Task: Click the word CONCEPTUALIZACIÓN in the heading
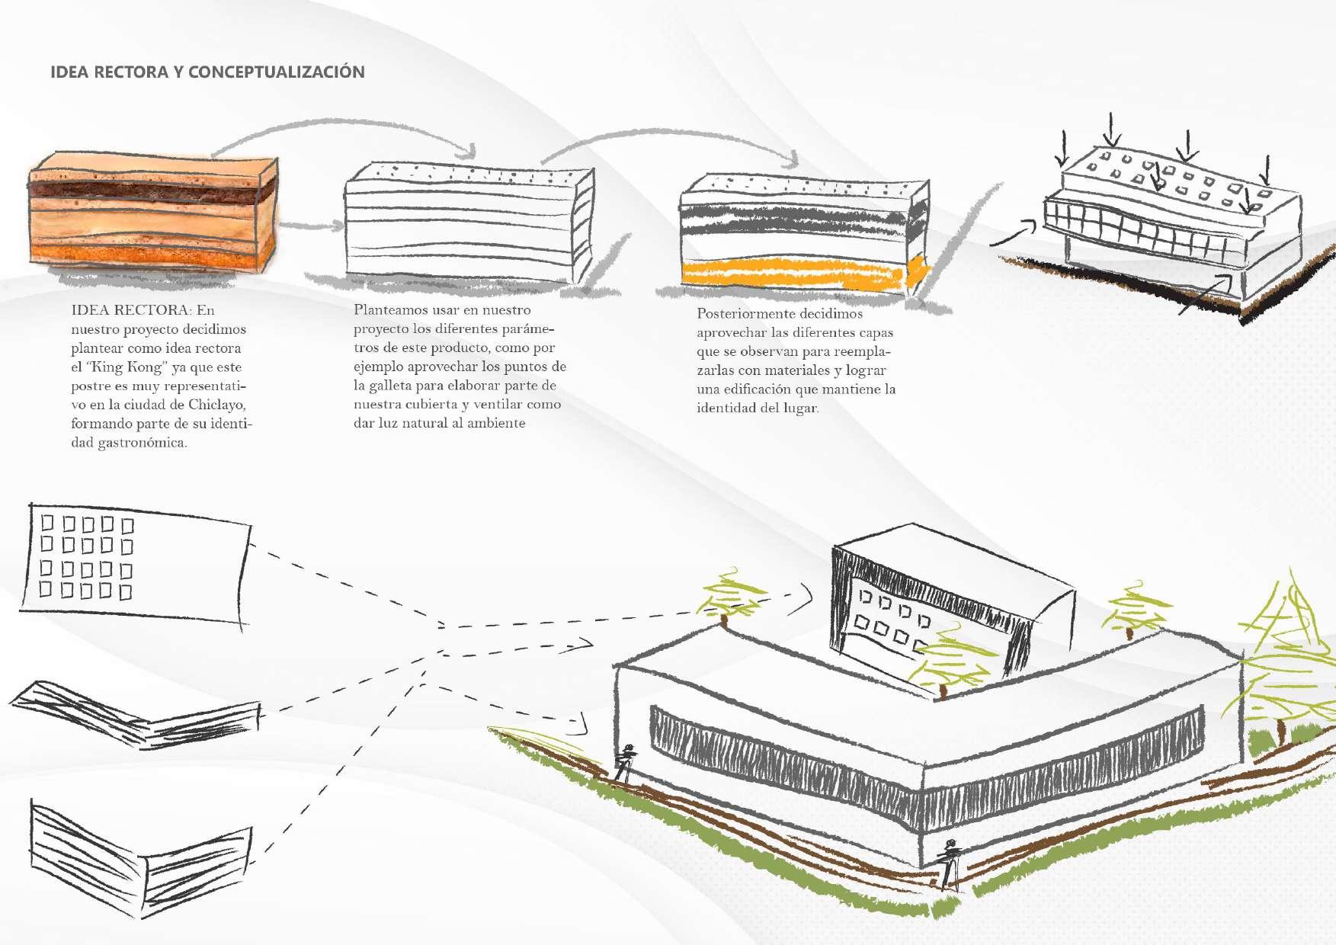pos(276,72)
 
